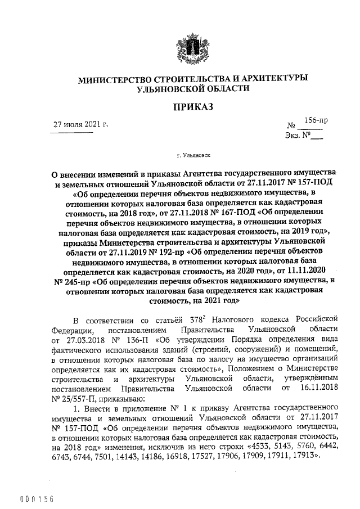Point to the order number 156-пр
(x=316, y=120)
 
